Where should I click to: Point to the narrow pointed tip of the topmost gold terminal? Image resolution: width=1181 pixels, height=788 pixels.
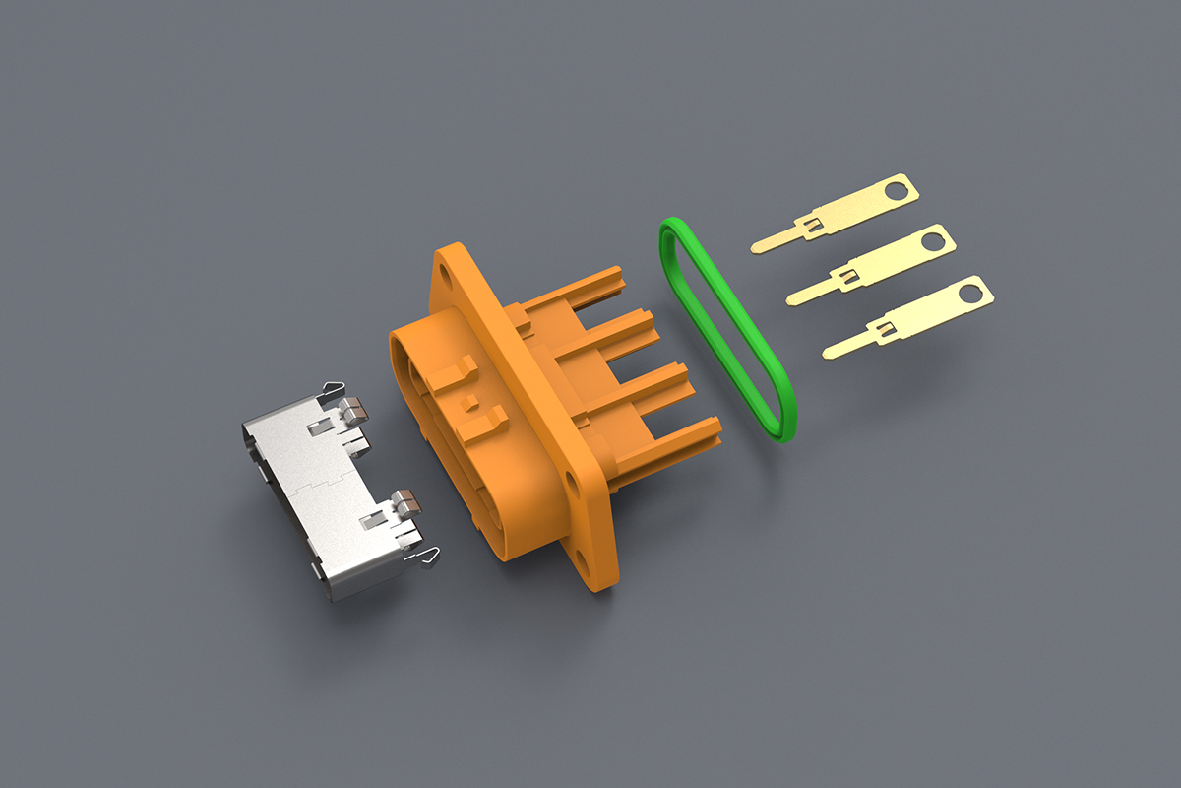tap(757, 246)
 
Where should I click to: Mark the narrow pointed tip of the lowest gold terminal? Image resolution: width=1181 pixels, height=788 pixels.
tap(828, 352)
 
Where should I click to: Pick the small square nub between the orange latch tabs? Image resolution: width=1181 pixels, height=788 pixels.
tap(471, 402)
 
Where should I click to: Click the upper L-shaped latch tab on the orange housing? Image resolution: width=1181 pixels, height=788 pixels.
tap(455, 375)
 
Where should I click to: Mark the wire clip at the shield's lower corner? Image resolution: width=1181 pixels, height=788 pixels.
tap(427, 558)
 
